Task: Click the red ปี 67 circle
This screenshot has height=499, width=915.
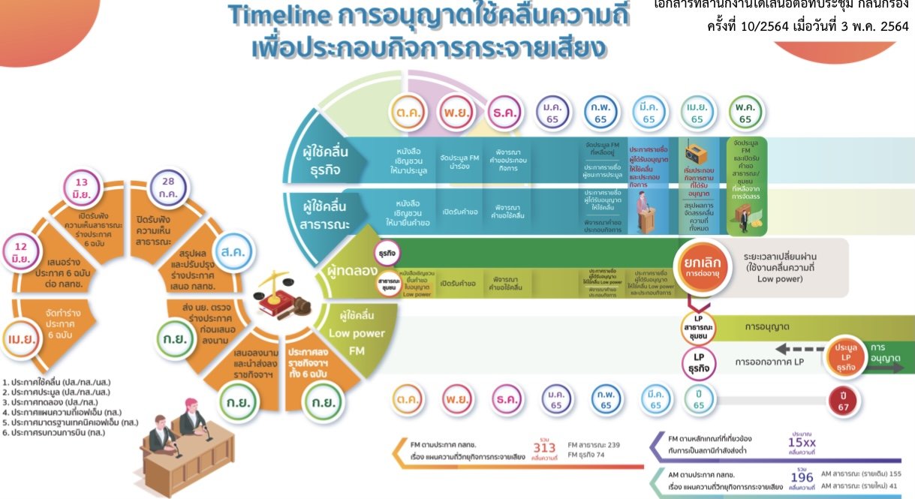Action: click(x=845, y=400)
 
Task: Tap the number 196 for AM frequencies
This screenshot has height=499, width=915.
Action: click(x=802, y=479)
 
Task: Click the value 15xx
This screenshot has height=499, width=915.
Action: click(x=802, y=442)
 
